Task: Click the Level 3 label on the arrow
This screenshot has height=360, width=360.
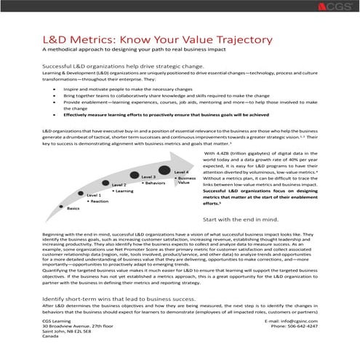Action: click(148, 177)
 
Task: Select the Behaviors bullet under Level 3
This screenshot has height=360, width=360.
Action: click(154, 183)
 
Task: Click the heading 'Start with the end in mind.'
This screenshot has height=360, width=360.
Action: click(241, 219)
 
